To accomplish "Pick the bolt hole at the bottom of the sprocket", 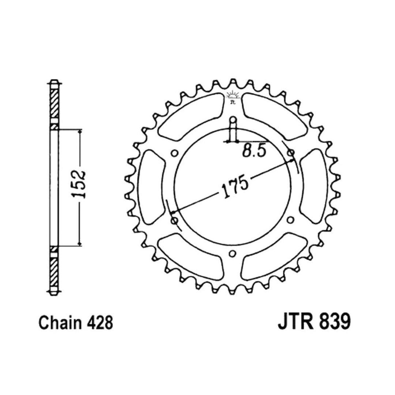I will pos(232,253).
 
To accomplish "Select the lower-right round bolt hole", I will pos(291,220).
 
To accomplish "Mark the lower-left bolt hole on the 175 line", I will pos(174,220).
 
